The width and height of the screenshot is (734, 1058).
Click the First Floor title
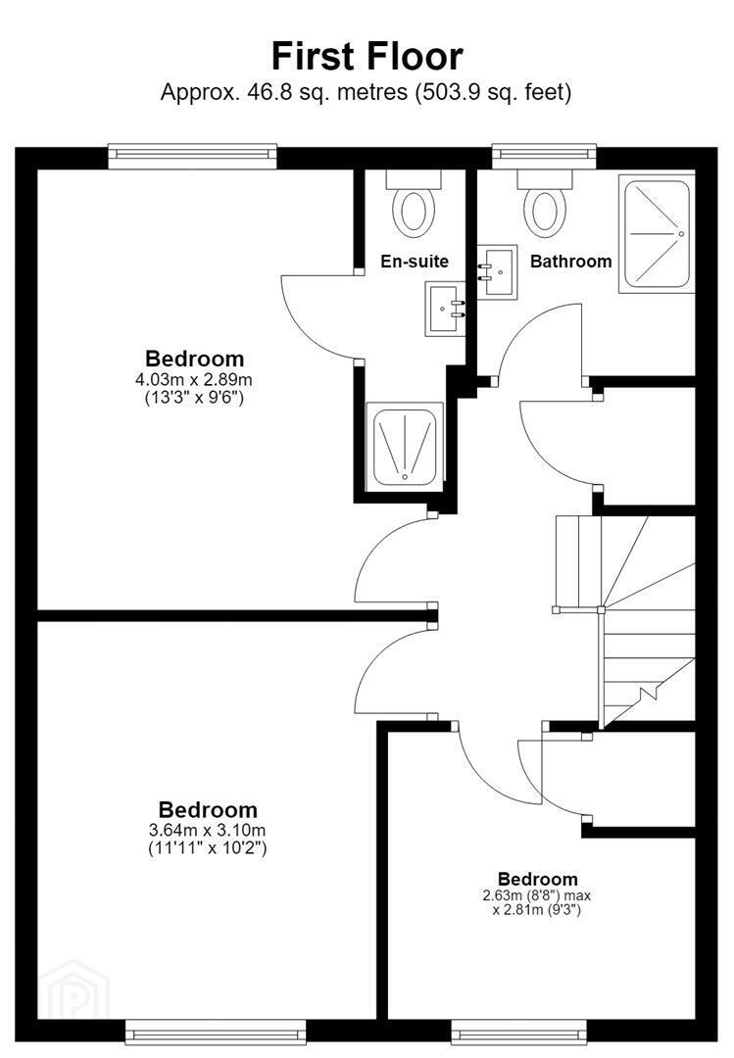coord(367,56)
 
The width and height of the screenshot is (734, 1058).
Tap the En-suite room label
coord(415,262)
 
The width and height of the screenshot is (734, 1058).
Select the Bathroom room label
coord(570,262)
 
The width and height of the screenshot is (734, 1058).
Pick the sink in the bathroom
coord(498,271)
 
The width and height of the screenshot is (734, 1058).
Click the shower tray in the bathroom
coord(657,233)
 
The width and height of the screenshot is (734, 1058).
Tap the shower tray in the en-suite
coord(405,445)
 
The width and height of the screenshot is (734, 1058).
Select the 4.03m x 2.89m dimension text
coord(194,380)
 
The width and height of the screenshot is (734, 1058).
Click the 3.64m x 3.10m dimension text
coord(208,830)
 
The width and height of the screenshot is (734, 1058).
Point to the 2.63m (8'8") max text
coord(537,895)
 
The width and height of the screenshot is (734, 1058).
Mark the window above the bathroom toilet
coord(544,156)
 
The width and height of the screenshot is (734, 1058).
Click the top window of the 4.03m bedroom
coord(192,156)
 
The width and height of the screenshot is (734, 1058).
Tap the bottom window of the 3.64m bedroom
coord(216,1033)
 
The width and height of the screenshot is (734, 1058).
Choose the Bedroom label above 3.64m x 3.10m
coord(208,810)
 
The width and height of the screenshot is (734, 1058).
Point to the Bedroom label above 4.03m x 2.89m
coord(194,359)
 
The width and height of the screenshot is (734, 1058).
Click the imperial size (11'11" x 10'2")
coord(208,847)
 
